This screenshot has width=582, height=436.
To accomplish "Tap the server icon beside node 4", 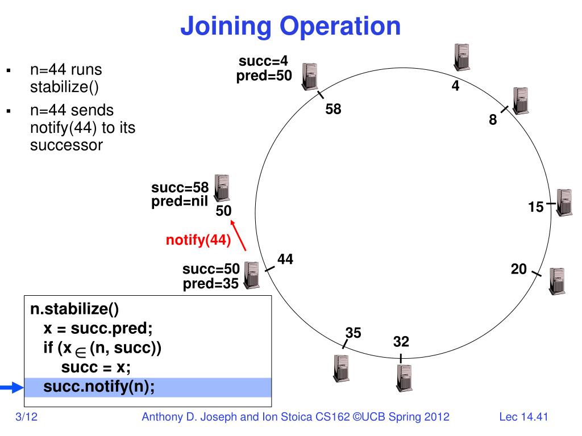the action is point(462,57).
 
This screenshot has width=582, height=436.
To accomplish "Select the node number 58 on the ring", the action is point(333,110).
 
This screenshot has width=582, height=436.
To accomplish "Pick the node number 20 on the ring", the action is point(519,269).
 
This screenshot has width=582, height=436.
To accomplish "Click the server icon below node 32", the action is point(404,378).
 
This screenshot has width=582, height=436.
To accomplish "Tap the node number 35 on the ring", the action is point(353,333).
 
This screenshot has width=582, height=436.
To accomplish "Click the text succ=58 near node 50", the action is point(180,188).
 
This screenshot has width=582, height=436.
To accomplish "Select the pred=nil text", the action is point(180,201).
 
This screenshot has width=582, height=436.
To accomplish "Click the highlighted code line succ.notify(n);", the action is point(99,387).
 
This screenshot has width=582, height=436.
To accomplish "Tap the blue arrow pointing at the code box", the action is point(11,388).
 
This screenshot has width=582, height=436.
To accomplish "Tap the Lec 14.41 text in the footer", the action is point(523,418).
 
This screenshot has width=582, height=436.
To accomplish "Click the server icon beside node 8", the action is point(519,101).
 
